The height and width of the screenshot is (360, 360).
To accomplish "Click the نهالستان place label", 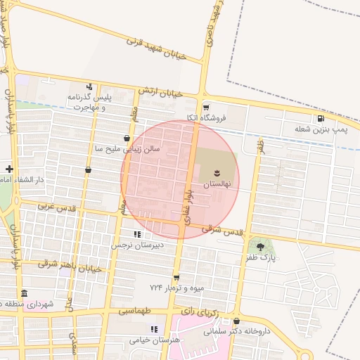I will coord(217,184).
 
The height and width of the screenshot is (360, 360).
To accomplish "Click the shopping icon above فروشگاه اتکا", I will coord(206,107).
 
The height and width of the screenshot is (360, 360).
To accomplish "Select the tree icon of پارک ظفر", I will coord(262,247).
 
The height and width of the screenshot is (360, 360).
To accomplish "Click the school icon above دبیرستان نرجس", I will coord(137,234).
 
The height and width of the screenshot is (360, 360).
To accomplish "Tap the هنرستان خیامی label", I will coord(155,340).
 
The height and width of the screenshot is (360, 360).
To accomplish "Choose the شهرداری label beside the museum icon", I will coord(43,303).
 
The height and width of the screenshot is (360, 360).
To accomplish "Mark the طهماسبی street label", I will coord(134,310).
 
